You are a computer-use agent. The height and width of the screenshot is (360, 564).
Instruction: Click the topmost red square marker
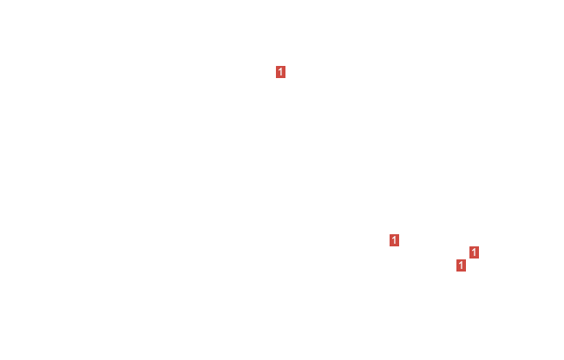[x=280, y=72]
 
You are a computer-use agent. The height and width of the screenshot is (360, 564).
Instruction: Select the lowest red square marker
[x=461, y=265]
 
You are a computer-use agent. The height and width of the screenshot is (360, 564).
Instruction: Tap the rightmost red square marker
[x=474, y=252]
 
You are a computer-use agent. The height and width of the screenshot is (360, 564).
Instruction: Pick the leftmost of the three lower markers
[x=394, y=240]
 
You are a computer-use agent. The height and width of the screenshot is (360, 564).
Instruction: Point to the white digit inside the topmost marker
[x=280, y=72]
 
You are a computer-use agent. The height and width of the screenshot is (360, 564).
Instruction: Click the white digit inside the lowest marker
[x=461, y=265]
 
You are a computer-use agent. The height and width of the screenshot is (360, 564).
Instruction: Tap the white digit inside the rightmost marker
[x=474, y=252]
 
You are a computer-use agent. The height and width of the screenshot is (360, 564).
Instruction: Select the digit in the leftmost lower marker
[x=394, y=240]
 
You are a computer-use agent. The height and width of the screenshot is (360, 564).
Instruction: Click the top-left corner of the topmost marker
[x=276, y=66]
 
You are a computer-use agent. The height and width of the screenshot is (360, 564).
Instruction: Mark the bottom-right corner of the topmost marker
[x=285, y=78]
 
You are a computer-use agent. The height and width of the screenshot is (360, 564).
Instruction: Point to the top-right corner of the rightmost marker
[x=479, y=246]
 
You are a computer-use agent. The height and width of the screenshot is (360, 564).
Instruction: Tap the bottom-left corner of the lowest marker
[x=456, y=272]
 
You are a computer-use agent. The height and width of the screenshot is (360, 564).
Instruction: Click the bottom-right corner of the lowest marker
[x=466, y=272]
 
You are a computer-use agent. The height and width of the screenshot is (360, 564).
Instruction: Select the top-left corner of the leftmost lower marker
[x=390, y=234]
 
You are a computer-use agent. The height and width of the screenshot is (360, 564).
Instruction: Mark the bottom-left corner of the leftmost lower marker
[x=390, y=246]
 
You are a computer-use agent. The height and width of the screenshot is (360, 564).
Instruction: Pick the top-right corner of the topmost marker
[x=285, y=66]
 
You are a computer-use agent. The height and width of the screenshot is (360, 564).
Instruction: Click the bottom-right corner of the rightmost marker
[x=479, y=259]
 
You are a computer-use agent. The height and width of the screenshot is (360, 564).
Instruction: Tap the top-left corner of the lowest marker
[x=456, y=259]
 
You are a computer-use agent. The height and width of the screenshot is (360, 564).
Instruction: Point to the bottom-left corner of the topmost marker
[x=276, y=78]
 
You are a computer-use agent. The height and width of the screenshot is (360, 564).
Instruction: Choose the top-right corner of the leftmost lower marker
[x=399, y=234]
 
